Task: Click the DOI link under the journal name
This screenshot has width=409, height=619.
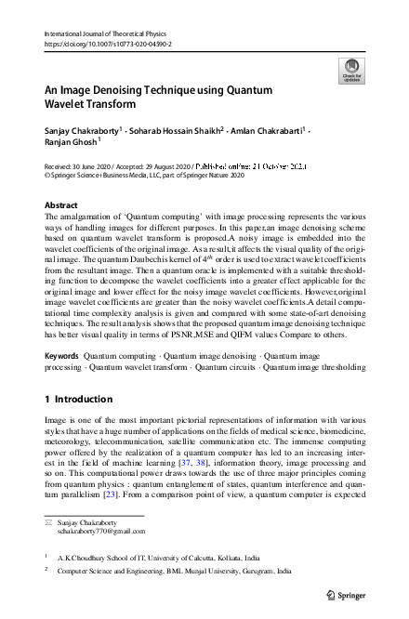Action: [108, 44]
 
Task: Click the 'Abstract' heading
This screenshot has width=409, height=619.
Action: [61, 204]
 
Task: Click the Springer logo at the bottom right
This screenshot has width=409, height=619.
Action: [350, 593]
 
